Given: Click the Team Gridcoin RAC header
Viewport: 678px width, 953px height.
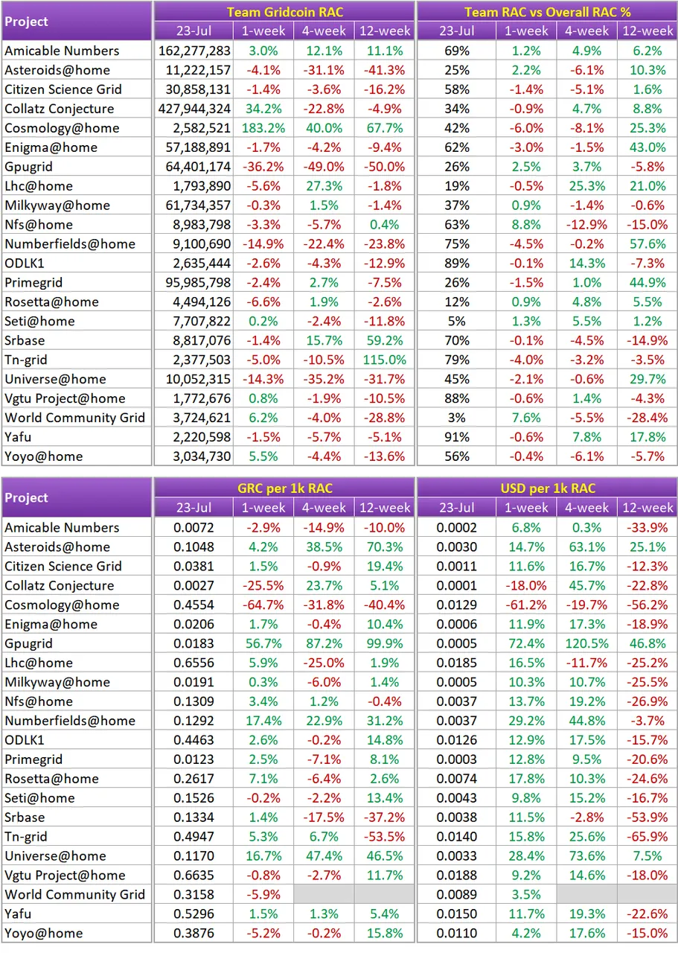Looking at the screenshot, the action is (x=284, y=13).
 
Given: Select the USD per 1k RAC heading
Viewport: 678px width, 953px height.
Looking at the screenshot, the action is (x=548, y=488).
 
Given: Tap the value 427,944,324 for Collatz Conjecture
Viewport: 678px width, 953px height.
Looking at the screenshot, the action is (x=194, y=109).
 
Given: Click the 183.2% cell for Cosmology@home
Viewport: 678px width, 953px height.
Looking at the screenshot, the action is (x=263, y=128).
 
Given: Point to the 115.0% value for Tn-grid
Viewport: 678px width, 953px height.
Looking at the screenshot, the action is (x=385, y=360).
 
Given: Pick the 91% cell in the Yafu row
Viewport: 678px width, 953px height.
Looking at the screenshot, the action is (x=457, y=437).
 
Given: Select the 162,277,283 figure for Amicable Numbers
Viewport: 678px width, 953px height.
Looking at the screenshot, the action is (x=194, y=51).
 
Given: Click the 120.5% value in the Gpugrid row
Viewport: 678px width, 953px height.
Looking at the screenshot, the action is (x=587, y=643).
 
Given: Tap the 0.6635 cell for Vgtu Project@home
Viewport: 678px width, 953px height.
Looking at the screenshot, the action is (x=194, y=875).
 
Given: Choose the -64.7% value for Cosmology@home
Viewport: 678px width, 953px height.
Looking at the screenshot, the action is (x=263, y=605).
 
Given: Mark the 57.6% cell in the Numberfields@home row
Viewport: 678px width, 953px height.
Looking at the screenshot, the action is (x=647, y=244).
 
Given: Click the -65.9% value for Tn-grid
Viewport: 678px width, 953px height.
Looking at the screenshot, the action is (x=647, y=836).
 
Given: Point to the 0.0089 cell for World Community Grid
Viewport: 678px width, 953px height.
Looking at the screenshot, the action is (x=457, y=894).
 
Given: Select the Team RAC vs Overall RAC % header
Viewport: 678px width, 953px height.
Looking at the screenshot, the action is (x=548, y=13).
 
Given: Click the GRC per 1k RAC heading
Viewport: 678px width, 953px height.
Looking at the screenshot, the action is (x=284, y=488).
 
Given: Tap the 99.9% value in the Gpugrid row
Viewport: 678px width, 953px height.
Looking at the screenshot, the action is (x=385, y=643).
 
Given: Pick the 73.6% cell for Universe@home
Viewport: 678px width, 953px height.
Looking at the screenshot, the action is (x=587, y=855).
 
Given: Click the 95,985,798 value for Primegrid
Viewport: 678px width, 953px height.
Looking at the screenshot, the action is (x=198, y=282).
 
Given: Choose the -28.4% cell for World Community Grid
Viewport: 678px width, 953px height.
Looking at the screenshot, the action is (x=647, y=418).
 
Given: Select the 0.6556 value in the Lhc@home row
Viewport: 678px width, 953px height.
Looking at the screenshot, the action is (x=194, y=663).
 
